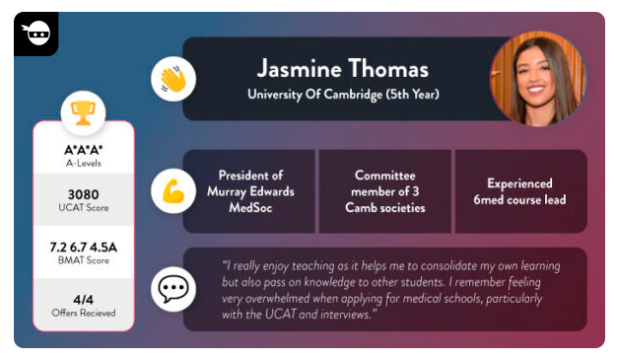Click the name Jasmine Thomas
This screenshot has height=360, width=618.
tap(342, 69)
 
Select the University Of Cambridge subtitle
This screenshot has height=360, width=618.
tap(342, 95)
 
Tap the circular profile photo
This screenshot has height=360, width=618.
tap(538, 79)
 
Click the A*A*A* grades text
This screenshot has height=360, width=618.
tap(83, 149)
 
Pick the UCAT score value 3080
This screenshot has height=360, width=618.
tap(83, 194)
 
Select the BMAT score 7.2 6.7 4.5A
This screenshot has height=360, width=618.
tap(83, 247)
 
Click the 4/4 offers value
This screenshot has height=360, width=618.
tap(83, 299)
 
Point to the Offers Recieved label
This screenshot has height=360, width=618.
tap(83, 314)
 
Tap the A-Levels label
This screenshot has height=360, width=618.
tap(83, 163)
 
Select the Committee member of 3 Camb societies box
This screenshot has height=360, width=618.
tap(384, 191)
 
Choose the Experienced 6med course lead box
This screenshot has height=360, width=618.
tap(519, 191)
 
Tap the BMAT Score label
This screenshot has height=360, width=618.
tap(83, 261)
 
